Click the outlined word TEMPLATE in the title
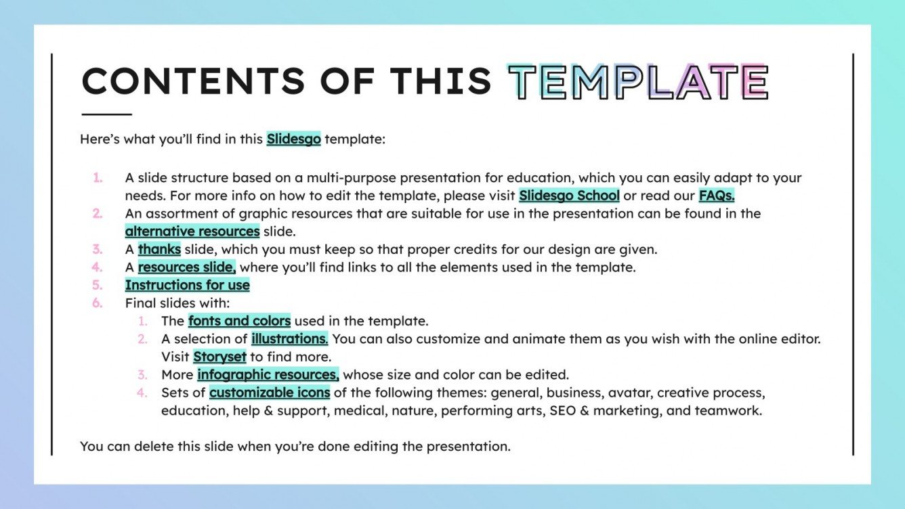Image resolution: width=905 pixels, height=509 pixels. click(637, 82)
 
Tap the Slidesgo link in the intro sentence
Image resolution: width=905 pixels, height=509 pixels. click(293, 139)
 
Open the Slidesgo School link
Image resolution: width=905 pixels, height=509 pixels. click(569, 196)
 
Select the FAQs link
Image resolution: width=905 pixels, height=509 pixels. click(717, 196)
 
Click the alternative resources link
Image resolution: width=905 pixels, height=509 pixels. click(192, 231)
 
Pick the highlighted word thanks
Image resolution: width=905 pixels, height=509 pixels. click(159, 249)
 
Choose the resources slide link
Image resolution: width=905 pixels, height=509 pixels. click(186, 267)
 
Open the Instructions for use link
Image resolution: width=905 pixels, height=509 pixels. click(187, 285)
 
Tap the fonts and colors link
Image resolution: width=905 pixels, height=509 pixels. click(239, 321)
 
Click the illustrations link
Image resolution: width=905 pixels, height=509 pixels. click(289, 338)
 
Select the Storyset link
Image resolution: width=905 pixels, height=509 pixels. click(219, 357)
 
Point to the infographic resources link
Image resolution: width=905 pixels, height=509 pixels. click(268, 374)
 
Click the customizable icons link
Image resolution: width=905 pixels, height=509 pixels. click(270, 393)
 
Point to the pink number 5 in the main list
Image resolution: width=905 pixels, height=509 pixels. click(98, 285)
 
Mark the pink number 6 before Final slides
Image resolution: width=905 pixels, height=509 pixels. click(98, 303)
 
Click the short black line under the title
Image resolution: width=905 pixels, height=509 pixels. click(106, 114)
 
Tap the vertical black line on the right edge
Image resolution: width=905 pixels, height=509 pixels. click(852, 254)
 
